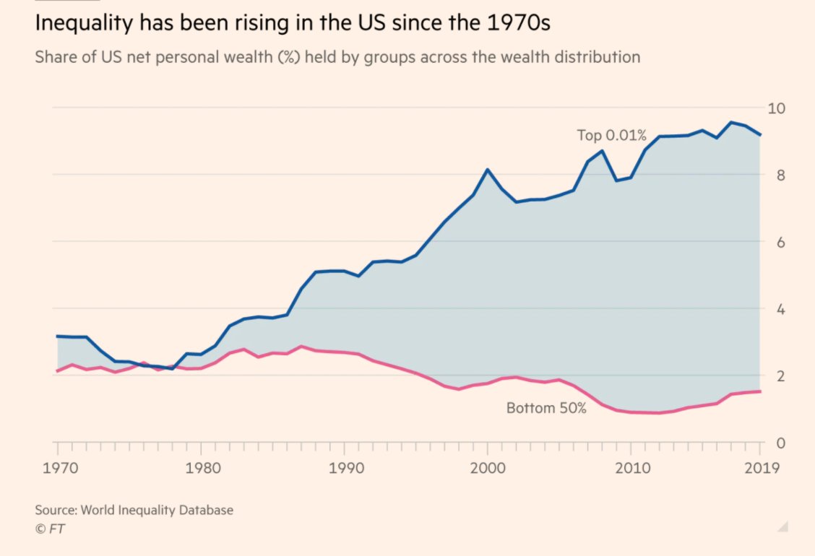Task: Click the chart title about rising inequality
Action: click(x=293, y=23)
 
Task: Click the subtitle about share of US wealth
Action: click(x=337, y=57)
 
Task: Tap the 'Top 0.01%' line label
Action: click(x=611, y=135)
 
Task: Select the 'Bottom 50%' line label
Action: click(x=546, y=408)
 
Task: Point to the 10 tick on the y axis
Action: click(x=776, y=108)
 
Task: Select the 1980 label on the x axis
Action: click(x=199, y=468)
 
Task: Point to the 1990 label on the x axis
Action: click(x=343, y=468)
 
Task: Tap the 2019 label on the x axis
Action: click(x=761, y=468)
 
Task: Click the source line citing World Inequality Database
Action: click(x=134, y=510)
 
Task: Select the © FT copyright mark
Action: click(x=50, y=529)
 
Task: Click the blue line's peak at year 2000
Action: click(x=488, y=170)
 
